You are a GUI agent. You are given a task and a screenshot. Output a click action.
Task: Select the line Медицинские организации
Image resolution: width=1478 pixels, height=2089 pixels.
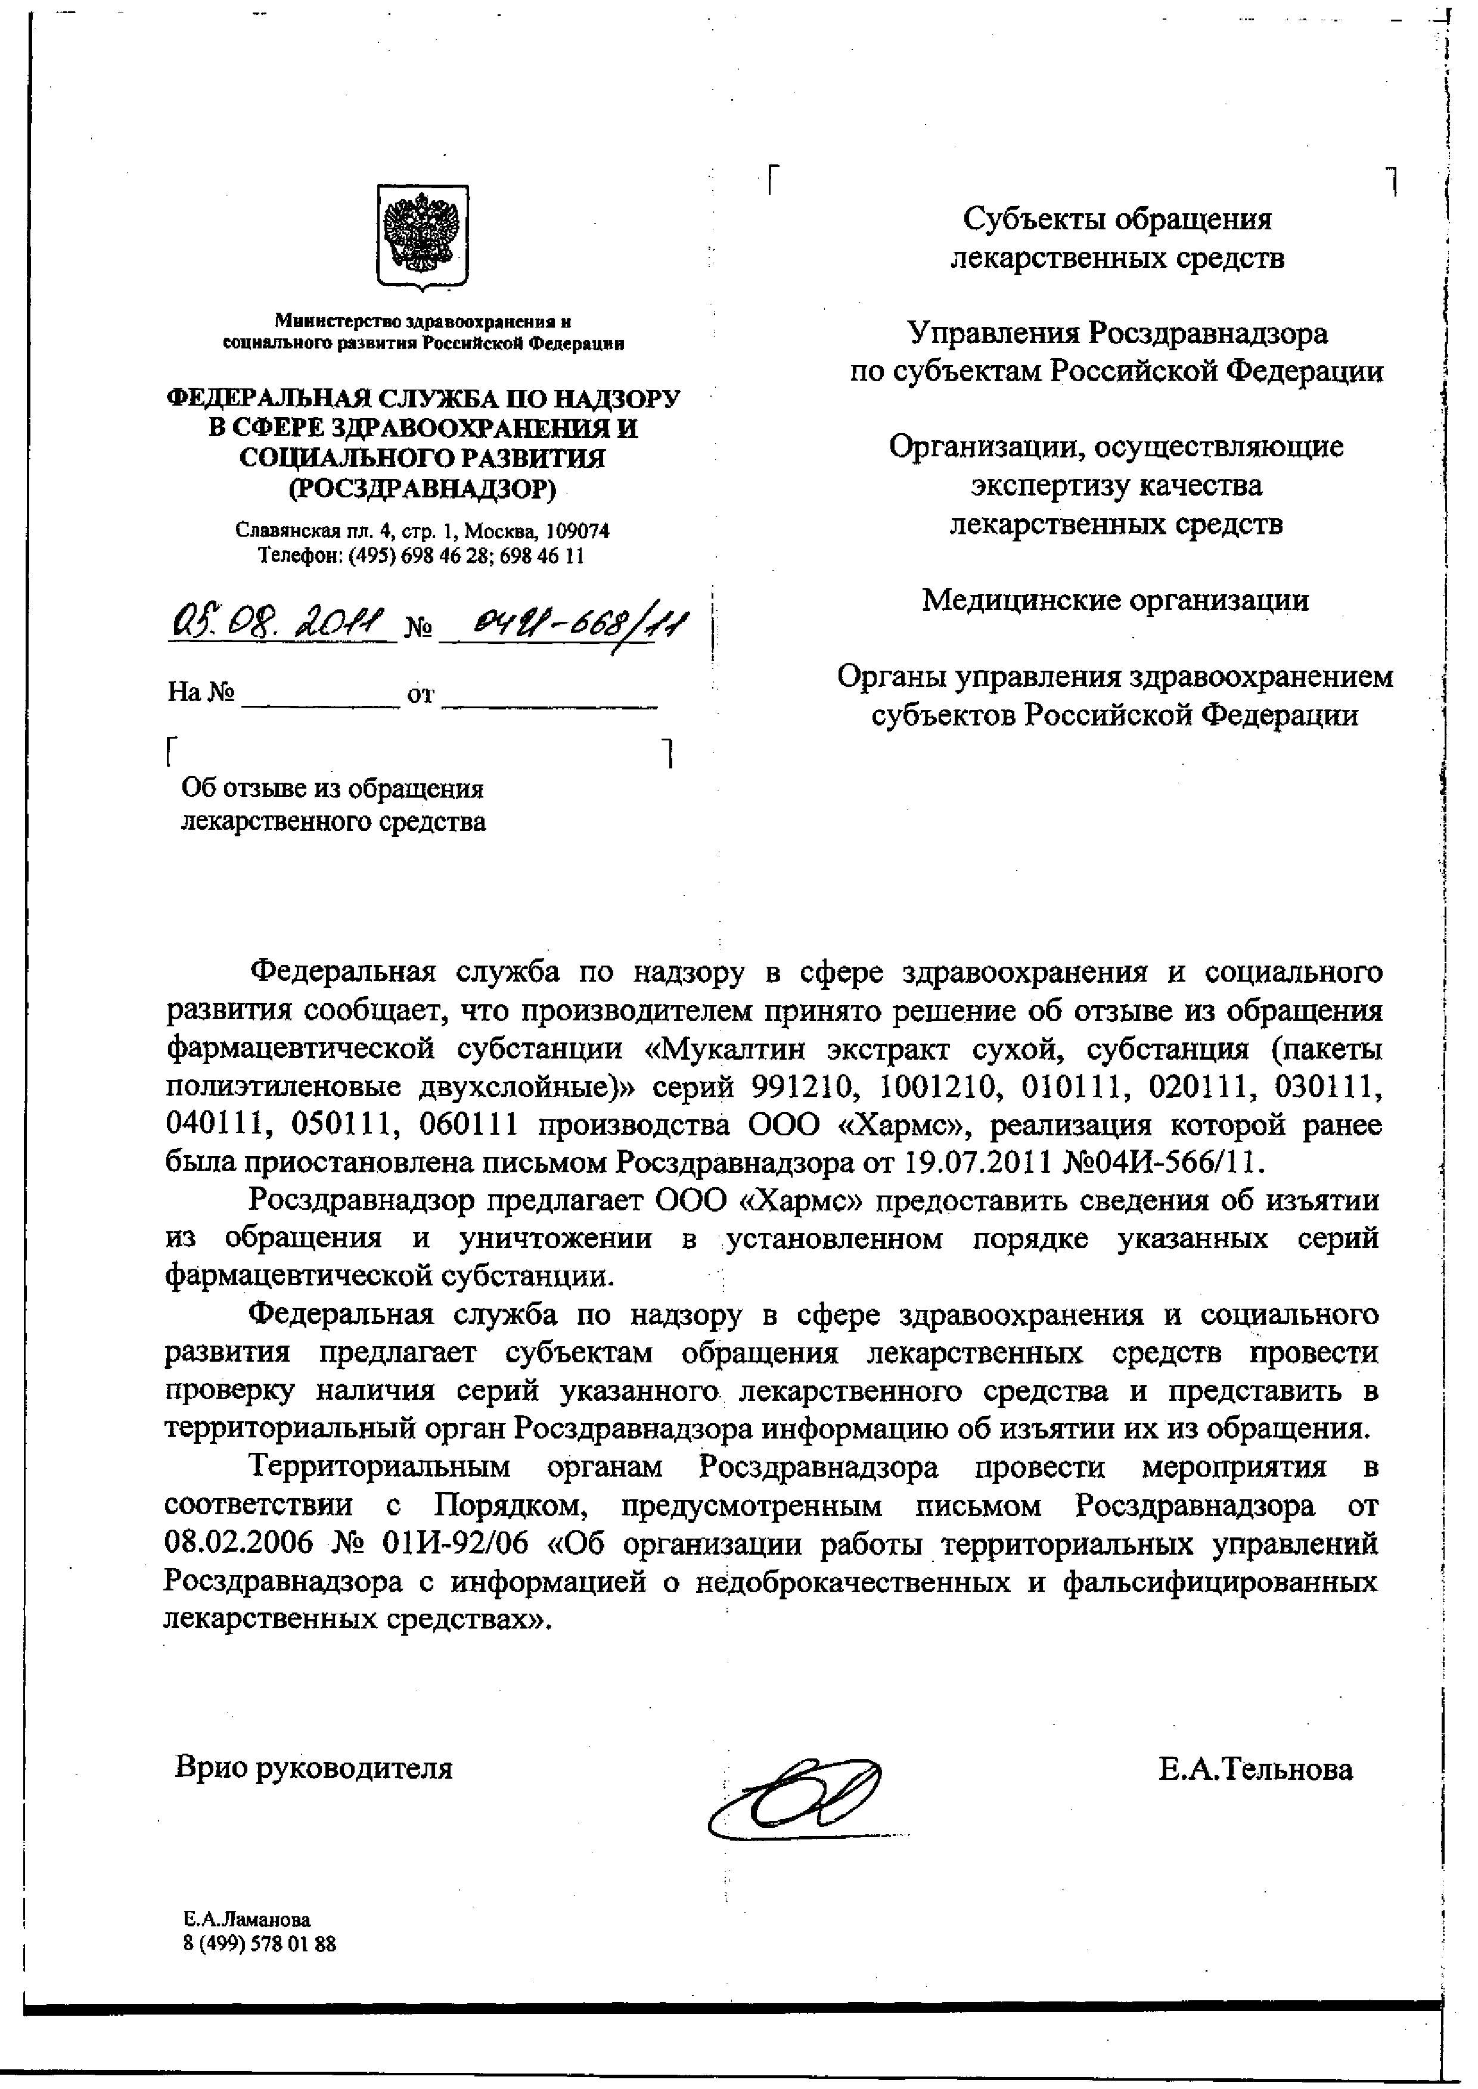(x=1115, y=600)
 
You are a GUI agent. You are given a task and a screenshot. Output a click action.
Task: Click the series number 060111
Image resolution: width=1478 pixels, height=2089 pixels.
(x=470, y=1125)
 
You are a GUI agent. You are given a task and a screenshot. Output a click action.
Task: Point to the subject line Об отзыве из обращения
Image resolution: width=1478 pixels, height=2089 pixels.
(x=333, y=788)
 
